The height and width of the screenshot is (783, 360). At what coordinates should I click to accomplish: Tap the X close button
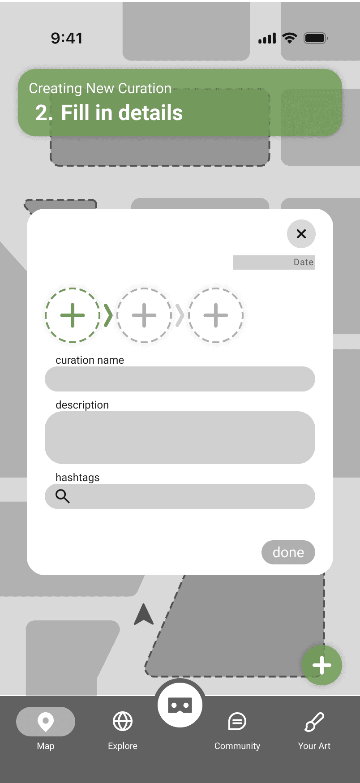point(301,234)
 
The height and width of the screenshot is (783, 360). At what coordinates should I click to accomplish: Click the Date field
point(274,262)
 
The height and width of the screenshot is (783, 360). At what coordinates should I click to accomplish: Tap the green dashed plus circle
point(73,315)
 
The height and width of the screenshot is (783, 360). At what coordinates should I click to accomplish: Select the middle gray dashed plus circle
point(144,315)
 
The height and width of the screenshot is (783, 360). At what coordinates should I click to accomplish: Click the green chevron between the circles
point(108,315)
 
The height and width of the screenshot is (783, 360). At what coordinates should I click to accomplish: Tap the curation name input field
point(180,379)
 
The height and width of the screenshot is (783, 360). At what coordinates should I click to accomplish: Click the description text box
point(180,438)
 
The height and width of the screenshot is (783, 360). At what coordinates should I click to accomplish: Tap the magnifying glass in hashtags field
point(62,496)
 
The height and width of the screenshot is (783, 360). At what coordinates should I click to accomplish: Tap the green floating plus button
point(322,665)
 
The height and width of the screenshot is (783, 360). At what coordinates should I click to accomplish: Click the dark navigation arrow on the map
point(144,614)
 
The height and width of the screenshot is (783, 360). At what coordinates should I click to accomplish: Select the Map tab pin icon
point(46,722)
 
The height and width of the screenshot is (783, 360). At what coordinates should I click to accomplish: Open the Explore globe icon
point(123,721)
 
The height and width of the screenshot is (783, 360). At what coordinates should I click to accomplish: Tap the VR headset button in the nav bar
point(180,705)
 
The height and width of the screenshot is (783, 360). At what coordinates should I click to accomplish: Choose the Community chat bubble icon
point(237,722)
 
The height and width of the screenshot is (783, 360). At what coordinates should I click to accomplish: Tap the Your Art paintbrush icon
point(314,722)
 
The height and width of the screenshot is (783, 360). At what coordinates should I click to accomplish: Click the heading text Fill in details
point(122,113)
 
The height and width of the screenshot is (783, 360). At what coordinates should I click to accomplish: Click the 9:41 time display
point(67,39)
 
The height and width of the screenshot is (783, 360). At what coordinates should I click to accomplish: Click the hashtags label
point(77,478)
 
